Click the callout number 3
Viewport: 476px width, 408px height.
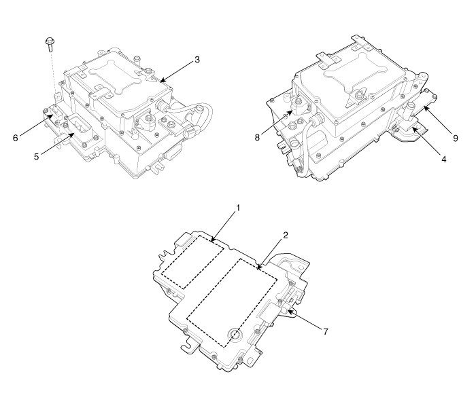point(197,60)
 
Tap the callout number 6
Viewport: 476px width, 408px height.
point(16,138)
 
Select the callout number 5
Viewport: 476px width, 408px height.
point(37,157)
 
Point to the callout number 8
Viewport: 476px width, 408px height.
point(257,138)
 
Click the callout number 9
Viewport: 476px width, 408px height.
point(456,138)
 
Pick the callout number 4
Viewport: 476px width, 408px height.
point(444,159)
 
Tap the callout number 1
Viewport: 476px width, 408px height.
point(238,208)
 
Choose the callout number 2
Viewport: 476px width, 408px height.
point(286,235)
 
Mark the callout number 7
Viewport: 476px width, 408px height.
point(326,331)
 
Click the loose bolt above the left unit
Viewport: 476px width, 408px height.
point(50,44)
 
